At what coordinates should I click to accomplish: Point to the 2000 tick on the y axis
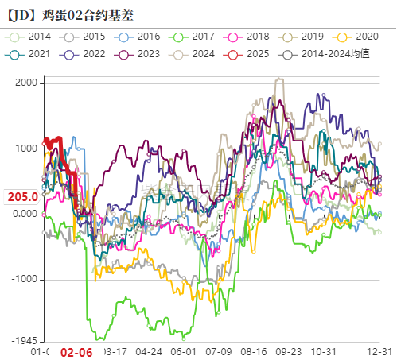(26, 83)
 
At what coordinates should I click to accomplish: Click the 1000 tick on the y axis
(26, 149)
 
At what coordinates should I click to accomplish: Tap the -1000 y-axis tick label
(23, 280)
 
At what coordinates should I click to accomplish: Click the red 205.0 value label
(23, 197)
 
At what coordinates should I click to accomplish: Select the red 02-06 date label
(77, 351)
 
